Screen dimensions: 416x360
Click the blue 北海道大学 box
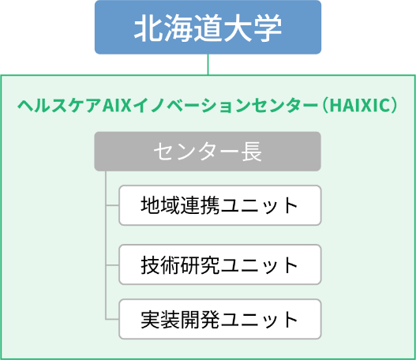[x=208, y=28]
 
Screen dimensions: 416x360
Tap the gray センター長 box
[x=208, y=152]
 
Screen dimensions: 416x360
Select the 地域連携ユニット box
[x=220, y=205]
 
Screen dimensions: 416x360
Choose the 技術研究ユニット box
[x=220, y=264]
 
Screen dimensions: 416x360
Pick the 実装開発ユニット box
[x=220, y=319]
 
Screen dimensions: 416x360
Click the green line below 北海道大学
[x=208, y=65]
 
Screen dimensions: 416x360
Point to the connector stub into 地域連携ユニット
[x=112, y=205]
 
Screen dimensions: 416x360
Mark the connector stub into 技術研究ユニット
[x=112, y=264]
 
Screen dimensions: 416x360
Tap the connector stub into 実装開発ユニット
[x=112, y=319]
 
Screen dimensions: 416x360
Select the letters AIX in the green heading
[x=117, y=105]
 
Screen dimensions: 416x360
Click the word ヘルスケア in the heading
[x=60, y=105]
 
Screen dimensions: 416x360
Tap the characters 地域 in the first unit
[x=160, y=205]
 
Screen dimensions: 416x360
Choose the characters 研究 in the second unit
[x=200, y=264]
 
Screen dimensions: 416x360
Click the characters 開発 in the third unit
[x=200, y=319]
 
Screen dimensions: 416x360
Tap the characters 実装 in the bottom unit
[x=160, y=319]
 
